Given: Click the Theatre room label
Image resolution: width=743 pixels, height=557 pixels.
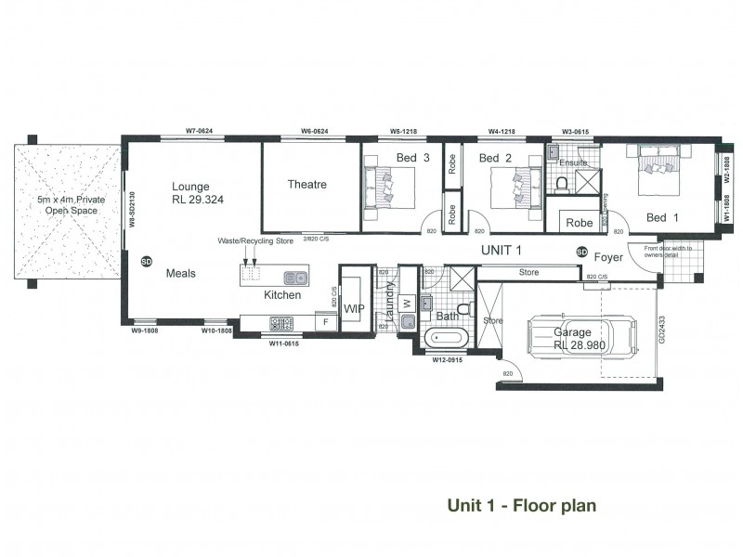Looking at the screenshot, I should click(x=306, y=185).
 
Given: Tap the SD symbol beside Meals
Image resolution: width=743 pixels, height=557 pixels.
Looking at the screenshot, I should click(x=146, y=262).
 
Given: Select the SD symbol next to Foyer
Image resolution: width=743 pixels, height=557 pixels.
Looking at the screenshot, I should click(x=582, y=252).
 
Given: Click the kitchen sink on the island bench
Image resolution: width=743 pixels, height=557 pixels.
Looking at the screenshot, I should click(x=295, y=277).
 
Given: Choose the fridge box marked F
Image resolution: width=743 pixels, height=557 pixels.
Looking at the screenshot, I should click(x=325, y=323).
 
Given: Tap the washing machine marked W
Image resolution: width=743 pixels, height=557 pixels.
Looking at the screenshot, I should click(x=407, y=303).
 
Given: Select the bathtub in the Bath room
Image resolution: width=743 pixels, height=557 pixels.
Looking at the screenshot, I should click(x=440, y=340).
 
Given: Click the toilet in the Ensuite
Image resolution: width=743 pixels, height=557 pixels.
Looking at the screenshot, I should click(x=561, y=183).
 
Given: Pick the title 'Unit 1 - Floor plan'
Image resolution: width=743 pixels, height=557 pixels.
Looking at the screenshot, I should click(x=521, y=506).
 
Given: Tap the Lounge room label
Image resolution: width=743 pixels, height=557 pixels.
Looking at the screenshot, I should click(x=189, y=186).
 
